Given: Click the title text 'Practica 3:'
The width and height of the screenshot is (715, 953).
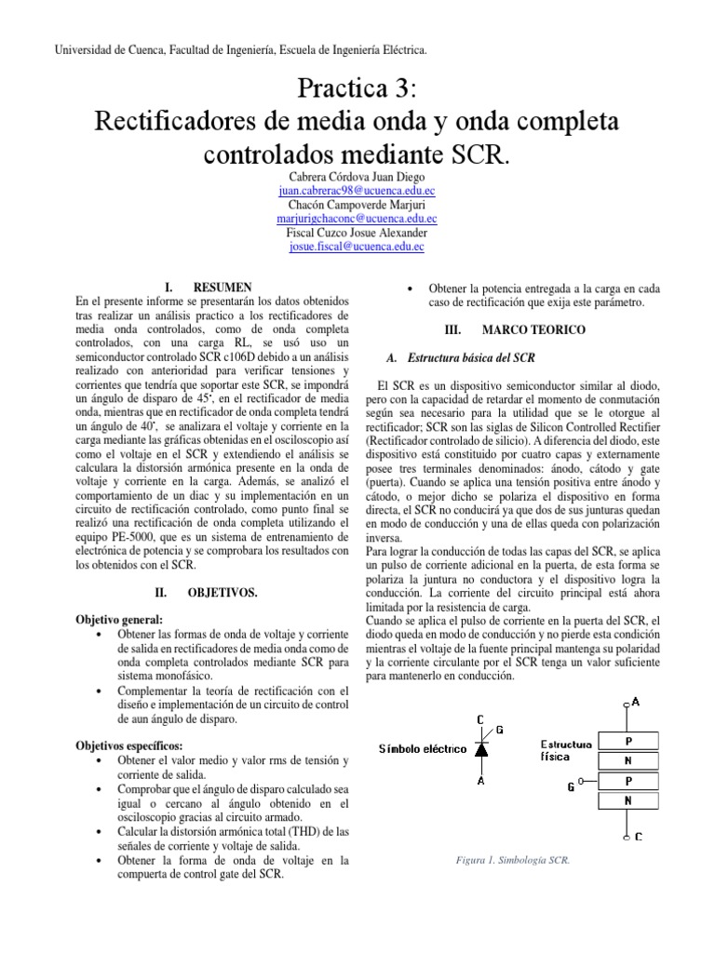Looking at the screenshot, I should click(x=357, y=91).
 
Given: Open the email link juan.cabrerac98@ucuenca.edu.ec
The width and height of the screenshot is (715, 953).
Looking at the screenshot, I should click(x=357, y=191).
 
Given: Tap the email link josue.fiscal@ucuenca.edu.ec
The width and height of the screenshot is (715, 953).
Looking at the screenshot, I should click(x=357, y=247).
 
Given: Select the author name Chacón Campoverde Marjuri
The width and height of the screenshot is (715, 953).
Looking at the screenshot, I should click(x=357, y=205).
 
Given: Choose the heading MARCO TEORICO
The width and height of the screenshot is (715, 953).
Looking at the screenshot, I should click(x=518, y=329).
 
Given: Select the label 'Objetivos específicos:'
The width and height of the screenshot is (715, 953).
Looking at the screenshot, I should click(x=129, y=745).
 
